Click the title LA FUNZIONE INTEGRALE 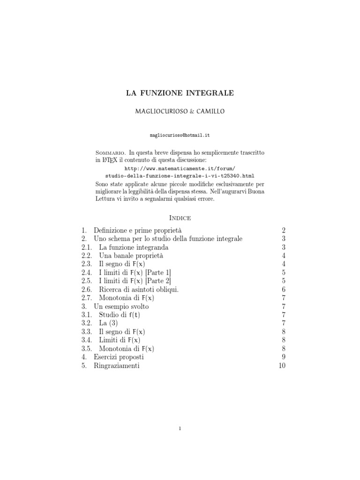[x=180, y=93]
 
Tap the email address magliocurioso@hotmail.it [x=180, y=135]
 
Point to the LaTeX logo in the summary [x=109, y=160]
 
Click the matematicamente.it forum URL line [x=180, y=167]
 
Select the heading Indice [x=180, y=218]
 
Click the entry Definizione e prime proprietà [x=137, y=231]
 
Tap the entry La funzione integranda [x=134, y=247]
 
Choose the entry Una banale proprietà [x=131, y=255]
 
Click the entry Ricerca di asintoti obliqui [x=139, y=289]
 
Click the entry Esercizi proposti [x=119, y=357]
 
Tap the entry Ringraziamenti [x=116, y=366]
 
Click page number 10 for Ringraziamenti [x=282, y=366]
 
